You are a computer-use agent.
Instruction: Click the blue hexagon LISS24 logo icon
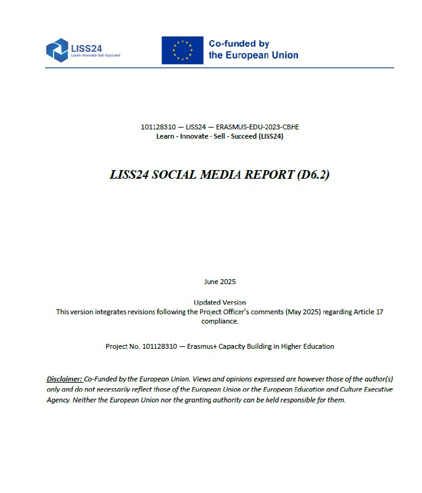click(x=57, y=49)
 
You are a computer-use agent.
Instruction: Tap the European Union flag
click(x=182, y=50)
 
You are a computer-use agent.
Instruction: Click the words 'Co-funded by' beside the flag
click(x=239, y=44)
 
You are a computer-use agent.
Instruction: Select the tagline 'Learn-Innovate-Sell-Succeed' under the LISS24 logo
click(x=95, y=55)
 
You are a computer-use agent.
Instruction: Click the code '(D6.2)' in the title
click(x=313, y=174)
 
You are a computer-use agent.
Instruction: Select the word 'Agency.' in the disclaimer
click(x=59, y=400)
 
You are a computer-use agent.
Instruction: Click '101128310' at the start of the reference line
click(x=155, y=127)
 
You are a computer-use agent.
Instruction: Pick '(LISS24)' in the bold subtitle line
click(x=270, y=136)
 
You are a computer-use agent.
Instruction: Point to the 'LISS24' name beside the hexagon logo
click(x=88, y=46)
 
